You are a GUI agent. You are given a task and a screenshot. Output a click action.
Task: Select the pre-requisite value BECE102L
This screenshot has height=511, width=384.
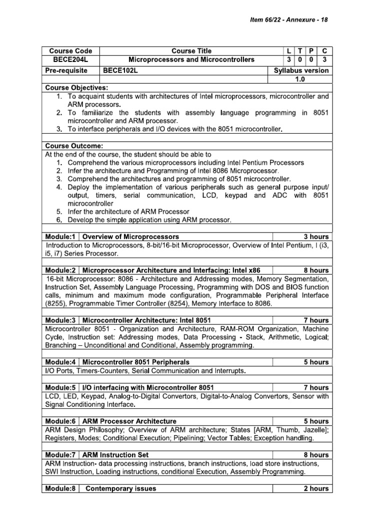[123, 70]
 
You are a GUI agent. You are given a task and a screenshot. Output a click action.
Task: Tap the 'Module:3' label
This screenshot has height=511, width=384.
[59, 320]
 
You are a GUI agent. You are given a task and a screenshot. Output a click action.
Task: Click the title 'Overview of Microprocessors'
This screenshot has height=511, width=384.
[130, 236]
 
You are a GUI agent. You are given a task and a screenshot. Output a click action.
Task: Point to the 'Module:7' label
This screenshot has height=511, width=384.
[59, 455]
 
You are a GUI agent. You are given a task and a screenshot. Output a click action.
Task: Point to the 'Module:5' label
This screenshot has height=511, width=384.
[59, 387]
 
